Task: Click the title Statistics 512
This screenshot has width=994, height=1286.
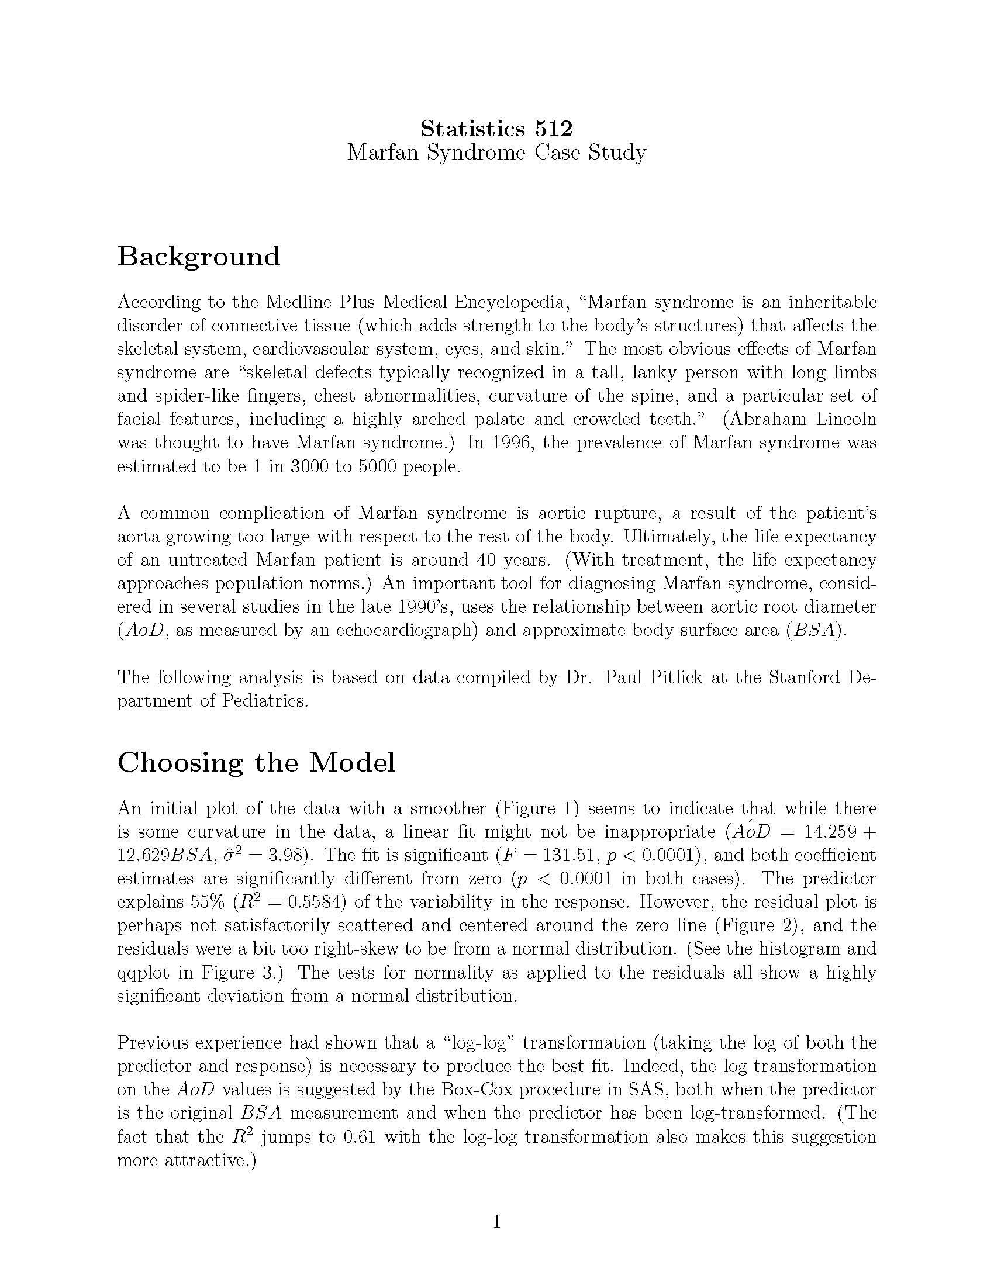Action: click(x=496, y=128)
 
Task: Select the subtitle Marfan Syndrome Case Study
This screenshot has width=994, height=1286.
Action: click(x=496, y=153)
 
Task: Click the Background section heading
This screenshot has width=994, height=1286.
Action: click(x=198, y=257)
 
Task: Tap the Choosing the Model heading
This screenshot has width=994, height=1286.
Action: click(x=256, y=762)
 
